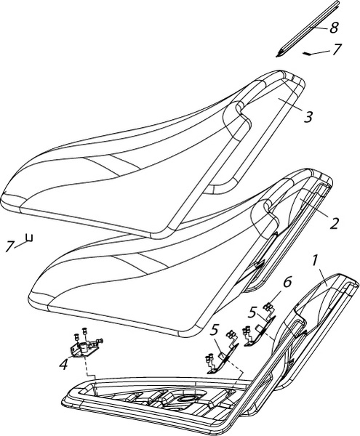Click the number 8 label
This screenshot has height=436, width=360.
(x=334, y=28)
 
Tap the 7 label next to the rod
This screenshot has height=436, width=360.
(x=336, y=49)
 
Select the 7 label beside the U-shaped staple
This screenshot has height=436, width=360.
(x=9, y=246)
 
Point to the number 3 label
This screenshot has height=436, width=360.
(x=308, y=117)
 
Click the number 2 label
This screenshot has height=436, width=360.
(x=334, y=223)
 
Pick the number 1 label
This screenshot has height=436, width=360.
(x=314, y=261)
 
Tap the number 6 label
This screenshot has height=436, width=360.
(x=287, y=282)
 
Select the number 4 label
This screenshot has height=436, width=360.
(x=64, y=364)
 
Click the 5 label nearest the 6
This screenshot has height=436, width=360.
(x=252, y=313)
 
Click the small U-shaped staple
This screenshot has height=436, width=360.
(x=29, y=238)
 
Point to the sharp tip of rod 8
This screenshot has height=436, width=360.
(x=276, y=57)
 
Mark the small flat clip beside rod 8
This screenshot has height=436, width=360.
(x=308, y=53)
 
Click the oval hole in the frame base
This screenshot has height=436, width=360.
(x=187, y=398)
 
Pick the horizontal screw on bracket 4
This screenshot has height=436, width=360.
(x=98, y=341)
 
